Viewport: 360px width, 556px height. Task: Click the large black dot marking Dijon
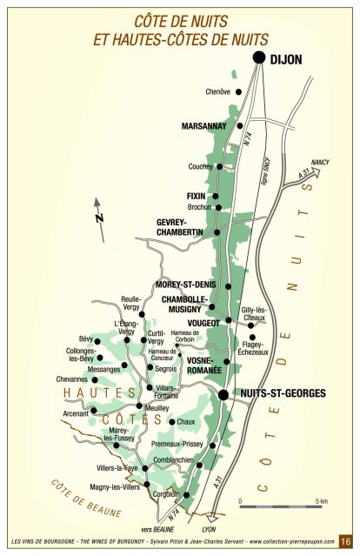pyautogui.click(x=258, y=57)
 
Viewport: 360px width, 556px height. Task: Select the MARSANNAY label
pyautogui.click(x=204, y=126)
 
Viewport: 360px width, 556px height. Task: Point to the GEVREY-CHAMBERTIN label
pyautogui.click(x=179, y=227)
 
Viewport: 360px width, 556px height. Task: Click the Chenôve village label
pyautogui.click(x=218, y=91)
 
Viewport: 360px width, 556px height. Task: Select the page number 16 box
pyautogui.click(x=344, y=541)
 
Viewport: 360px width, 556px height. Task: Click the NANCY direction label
pyautogui.click(x=321, y=163)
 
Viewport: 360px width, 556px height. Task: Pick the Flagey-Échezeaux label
pyautogui.click(x=254, y=347)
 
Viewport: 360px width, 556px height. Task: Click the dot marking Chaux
pyautogui.click(x=171, y=422)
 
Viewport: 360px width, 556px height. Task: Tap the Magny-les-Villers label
pyautogui.click(x=115, y=487)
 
